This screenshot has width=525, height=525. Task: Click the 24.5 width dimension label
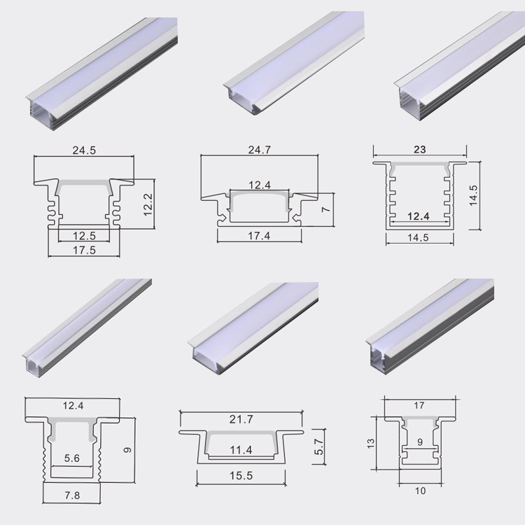point(83,149)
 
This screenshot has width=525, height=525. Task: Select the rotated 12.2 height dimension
point(148,204)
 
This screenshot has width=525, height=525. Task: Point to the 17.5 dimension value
point(83,249)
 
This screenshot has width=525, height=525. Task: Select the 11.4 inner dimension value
point(240,449)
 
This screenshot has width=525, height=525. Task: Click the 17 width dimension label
point(419,405)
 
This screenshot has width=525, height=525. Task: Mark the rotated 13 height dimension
point(372,442)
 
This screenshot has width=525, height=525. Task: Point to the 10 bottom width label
point(419,491)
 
